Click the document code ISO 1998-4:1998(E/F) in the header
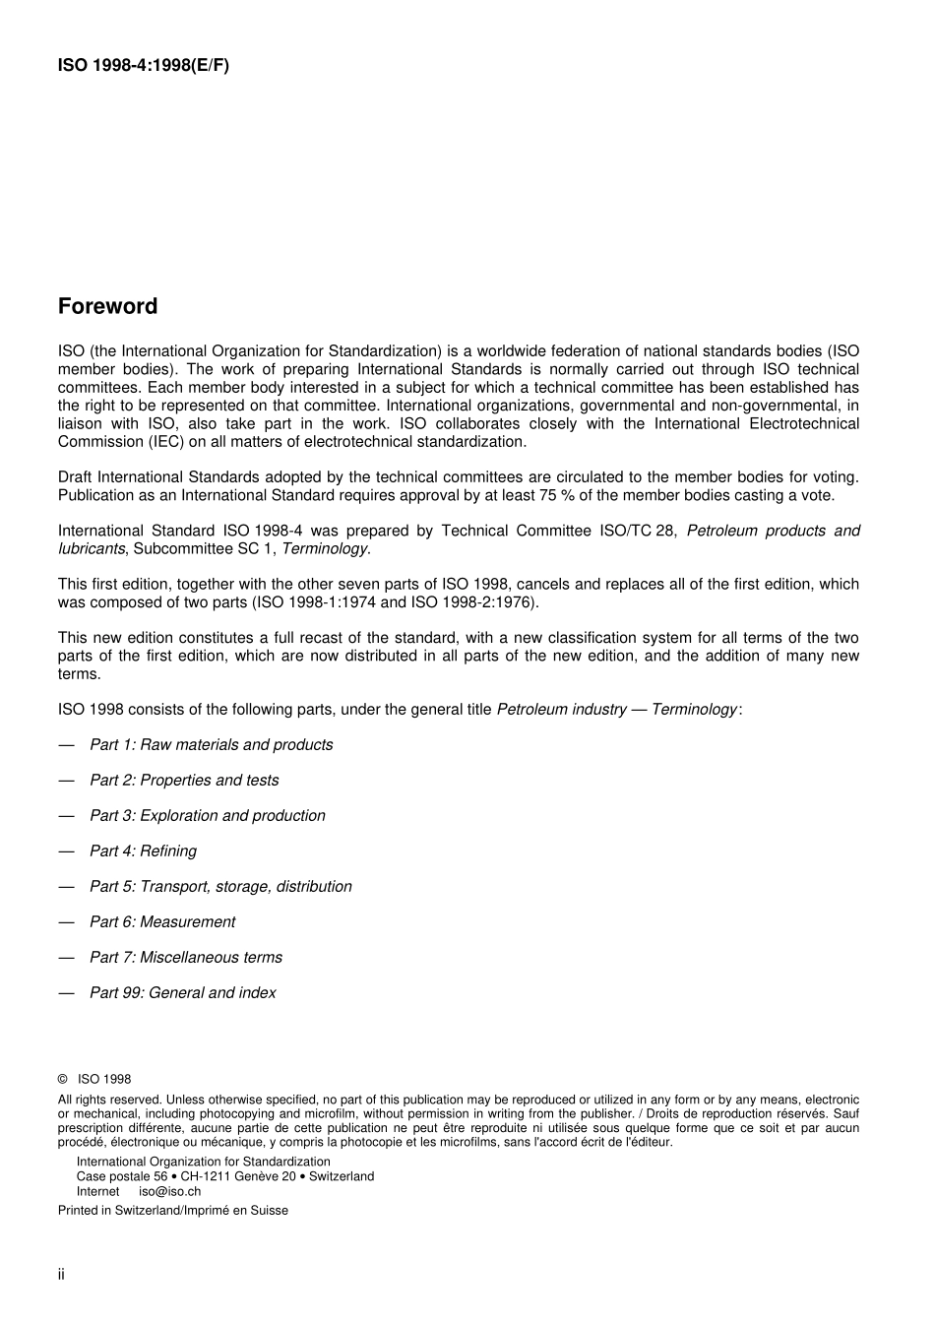pos(144,66)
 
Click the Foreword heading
pos(107,306)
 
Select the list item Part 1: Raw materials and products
pos(211,745)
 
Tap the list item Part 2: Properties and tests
pos(184,781)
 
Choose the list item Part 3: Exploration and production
pos(207,816)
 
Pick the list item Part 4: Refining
pos(143,851)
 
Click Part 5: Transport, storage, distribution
pos(220,887)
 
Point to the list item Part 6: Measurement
pos(162,922)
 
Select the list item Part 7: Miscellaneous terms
pos(185,958)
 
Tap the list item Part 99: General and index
pos(182,993)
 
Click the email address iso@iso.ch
pos(169,1191)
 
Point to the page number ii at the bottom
pos(61,1275)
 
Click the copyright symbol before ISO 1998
pos(63,1080)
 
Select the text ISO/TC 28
pos(638,531)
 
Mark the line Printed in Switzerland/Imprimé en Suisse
pos(173,1211)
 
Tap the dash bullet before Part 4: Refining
pos(66,851)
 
